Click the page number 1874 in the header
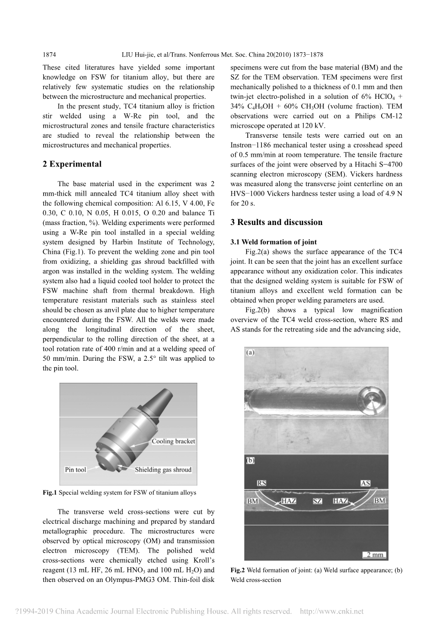click(50, 55)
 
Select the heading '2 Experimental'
click(72, 164)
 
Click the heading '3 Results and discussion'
click(276, 222)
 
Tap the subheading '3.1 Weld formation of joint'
click(273, 242)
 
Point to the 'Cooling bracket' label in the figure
click(173, 441)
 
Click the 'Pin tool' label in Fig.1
click(75, 470)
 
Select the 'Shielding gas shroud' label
click(163, 470)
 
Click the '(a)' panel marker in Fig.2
click(251, 353)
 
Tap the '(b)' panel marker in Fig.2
click(251, 460)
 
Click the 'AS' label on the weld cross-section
click(365, 483)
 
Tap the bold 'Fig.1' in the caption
click(50, 492)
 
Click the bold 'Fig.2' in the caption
click(238, 570)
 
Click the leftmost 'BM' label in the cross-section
click(252, 501)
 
